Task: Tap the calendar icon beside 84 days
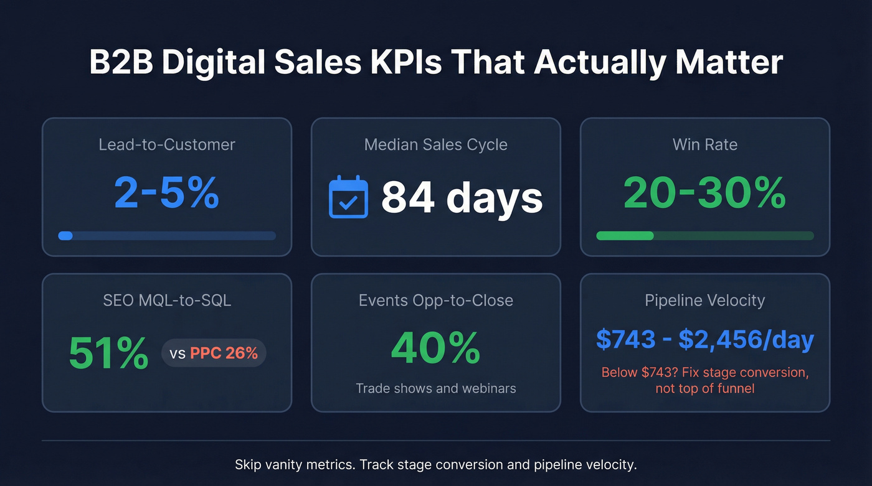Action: (348, 197)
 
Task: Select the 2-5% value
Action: (167, 194)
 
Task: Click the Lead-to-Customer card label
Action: (167, 145)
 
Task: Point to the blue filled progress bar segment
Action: (65, 236)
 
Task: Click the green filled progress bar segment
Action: (625, 236)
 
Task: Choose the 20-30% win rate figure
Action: (704, 194)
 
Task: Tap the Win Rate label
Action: (705, 145)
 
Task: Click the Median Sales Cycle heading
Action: (436, 145)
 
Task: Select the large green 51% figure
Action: (108, 353)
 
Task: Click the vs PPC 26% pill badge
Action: (214, 353)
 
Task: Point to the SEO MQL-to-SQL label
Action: (167, 301)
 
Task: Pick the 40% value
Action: (435, 348)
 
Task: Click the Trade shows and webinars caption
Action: (436, 389)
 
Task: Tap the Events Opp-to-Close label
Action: (436, 301)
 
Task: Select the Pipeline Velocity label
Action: (705, 301)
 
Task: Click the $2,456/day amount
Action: (746, 340)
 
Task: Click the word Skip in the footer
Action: (247, 465)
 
